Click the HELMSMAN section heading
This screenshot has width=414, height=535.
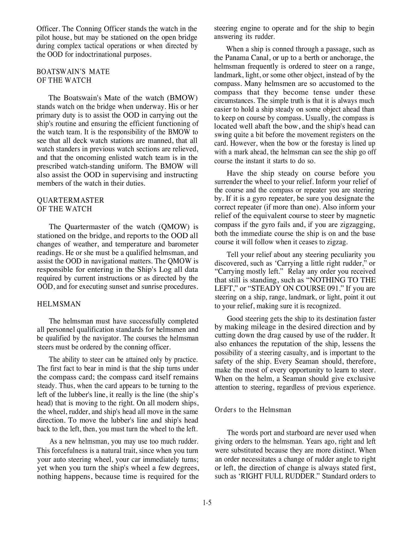click(59, 304)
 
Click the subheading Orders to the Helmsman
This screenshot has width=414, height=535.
click(253, 410)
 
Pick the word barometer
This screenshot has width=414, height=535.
click(183, 244)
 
